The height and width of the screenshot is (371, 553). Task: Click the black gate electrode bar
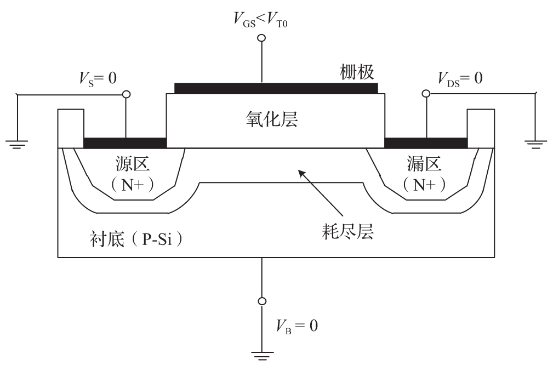point(276,88)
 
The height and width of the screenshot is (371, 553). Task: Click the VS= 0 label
point(98,78)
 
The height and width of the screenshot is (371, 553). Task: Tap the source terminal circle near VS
point(126,94)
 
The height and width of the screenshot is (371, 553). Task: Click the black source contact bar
point(124,142)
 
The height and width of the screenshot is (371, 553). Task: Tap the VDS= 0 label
point(460,78)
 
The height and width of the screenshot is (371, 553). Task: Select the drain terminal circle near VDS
point(426,94)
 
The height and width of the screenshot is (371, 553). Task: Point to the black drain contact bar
point(426,142)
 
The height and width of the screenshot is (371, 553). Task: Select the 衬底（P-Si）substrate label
point(135,239)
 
